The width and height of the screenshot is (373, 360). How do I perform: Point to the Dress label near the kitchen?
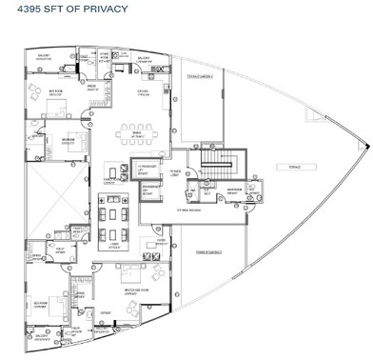[x=94, y=87]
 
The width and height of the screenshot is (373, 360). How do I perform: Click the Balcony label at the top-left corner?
[x=44, y=56]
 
